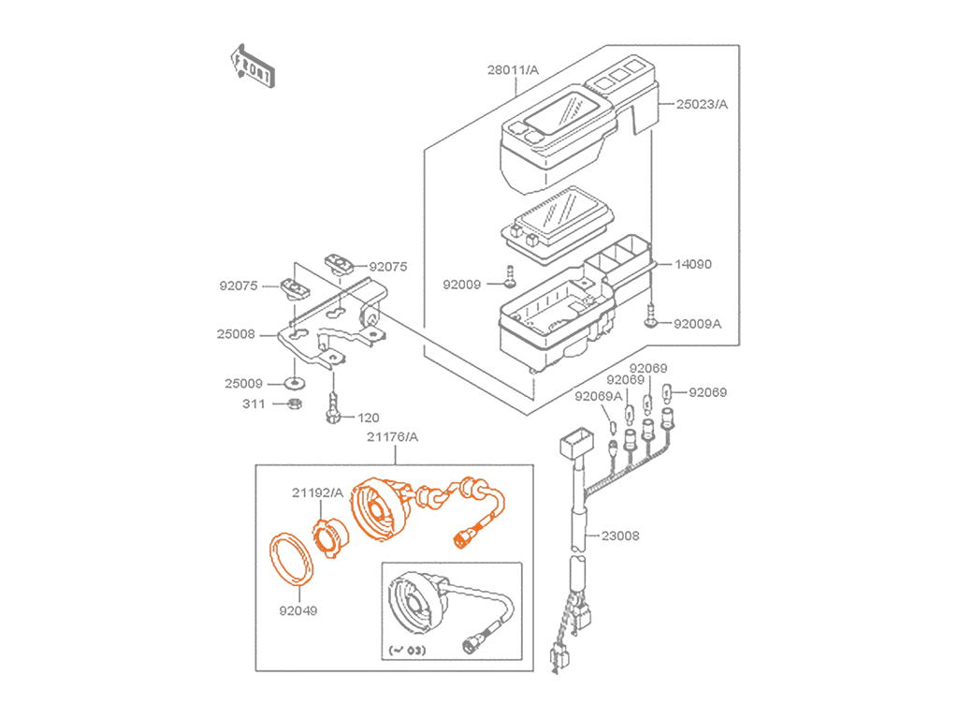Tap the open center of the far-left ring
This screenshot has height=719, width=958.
[x=290, y=558]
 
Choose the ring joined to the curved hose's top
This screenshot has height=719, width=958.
[x=481, y=490]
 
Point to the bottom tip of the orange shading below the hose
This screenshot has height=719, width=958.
[x=461, y=555]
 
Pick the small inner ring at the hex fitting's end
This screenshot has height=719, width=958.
[x=459, y=542]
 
